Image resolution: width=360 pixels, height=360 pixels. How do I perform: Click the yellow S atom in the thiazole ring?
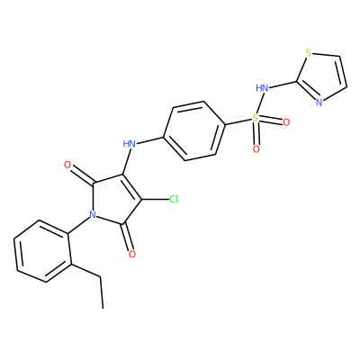click(x=308, y=53)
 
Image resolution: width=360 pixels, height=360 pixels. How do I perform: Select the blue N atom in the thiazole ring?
click(x=319, y=103)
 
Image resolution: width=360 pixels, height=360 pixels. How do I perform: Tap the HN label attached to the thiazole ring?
click(x=262, y=88)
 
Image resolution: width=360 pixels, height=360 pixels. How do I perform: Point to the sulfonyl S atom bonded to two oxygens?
click(x=255, y=118)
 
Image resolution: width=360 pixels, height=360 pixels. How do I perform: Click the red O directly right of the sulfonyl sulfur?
click(x=286, y=122)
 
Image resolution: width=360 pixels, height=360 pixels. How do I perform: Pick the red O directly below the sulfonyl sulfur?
click(x=256, y=149)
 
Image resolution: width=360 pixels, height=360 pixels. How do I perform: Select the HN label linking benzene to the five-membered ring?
click(x=130, y=144)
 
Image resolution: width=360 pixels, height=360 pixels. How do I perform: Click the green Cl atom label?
click(x=174, y=199)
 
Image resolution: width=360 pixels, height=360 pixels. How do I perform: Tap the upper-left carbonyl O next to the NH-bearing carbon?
click(x=67, y=165)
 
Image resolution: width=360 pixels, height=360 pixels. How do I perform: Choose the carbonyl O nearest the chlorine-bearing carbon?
click(x=132, y=254)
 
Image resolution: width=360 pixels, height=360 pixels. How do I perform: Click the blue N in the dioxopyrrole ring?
click(x=93, y=214)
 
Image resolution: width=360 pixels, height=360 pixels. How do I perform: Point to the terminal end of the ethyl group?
click(x=103, y=308)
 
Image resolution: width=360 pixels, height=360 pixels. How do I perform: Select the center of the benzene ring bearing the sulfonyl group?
click(x=194, y=131)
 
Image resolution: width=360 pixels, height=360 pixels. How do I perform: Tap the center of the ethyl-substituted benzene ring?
click(x=42, y=251)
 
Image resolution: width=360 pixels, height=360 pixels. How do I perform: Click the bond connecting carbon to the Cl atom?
click(x=155, y=200)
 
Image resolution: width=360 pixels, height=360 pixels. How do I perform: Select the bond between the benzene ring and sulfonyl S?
click(x=238, y=121)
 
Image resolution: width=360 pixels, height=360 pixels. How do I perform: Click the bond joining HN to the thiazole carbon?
click(x=283, y=85)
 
